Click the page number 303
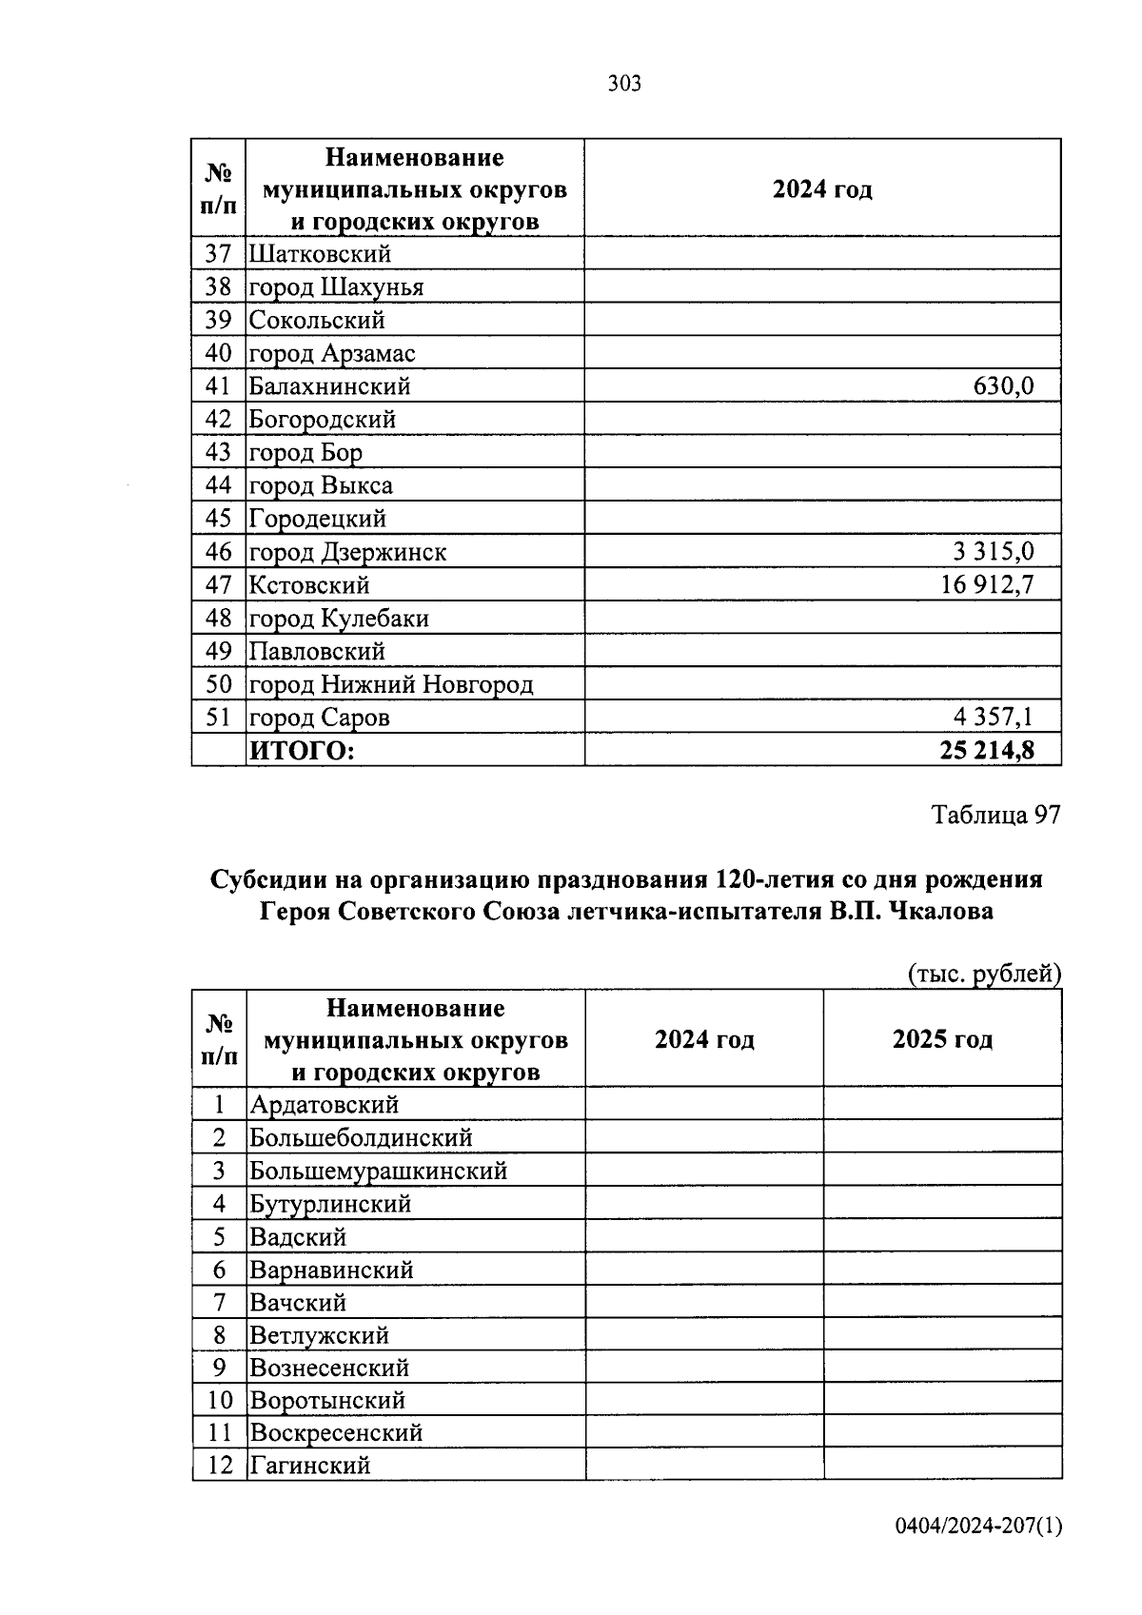pyautogui.click(x=624, y=84)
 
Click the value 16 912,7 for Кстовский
pyautogui.click(x=987, y=584)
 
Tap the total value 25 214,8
pyautogui.click(x=987, y=751)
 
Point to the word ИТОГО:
pyautogui.click(x=302, y=751)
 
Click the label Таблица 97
pyautogui.click(x=995, y=815)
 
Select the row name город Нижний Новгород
pyautogui.click(x=391, y=684)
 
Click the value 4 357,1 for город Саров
pyautogui.click(x=994, y=717)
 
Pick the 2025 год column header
pyautogui.click(x=942, y=1039)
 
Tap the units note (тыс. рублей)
pyautogui.click(x=984, y=974)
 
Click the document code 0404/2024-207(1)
pyautogui.click(x=978, y=1526)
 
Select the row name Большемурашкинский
pyautogui.click(x=378, y=1171)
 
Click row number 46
pyautogui.click(x=219, y=552)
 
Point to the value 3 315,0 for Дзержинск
pyautogui.click(x=993, y=552)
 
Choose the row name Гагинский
pyautogui.click(x=309, y=1465)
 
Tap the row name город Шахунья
pyautogui.click(x=336, y=287)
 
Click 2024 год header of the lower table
pyautogui.click(x=704, y=1039)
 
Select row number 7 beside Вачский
pyautogui.click(x=220, y=1302)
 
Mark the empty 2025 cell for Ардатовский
pyautogui.click(x=942, y=1105)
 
